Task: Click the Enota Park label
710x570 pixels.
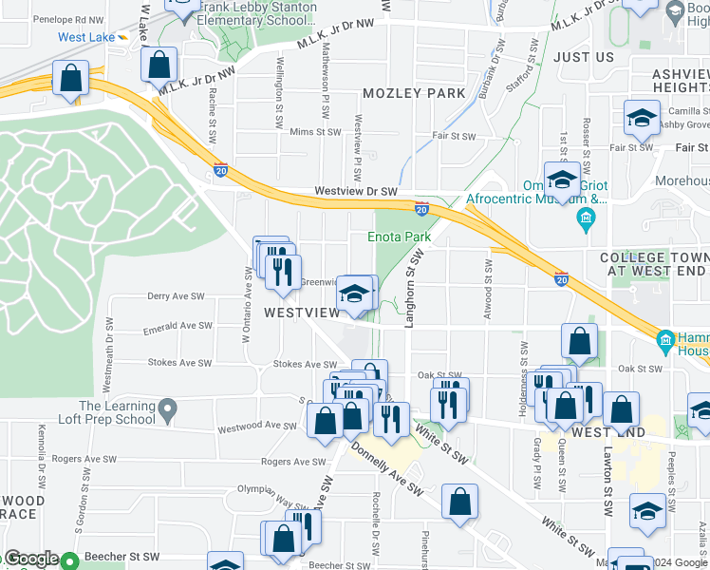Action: (400, 237)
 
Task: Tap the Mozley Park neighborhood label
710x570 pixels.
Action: (415, 93)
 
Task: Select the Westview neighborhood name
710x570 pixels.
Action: (302, 313)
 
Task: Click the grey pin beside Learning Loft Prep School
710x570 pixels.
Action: (168, 411)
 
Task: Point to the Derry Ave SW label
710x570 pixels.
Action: (177, 296)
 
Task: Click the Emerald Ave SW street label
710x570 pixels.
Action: (177, 326)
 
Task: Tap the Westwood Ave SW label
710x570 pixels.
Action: (257, 426)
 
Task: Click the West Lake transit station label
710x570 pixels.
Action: (85, 37)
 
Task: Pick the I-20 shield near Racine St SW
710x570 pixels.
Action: (220, 171)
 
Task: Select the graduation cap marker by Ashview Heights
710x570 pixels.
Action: (642, 119)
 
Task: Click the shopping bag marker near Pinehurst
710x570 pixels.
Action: (460, 503)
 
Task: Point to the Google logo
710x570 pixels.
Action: (32, 560)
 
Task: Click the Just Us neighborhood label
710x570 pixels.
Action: (584, 57)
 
